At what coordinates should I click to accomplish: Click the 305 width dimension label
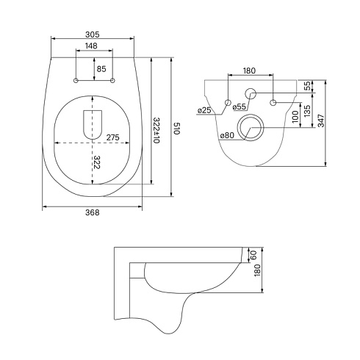[x=93, y=35]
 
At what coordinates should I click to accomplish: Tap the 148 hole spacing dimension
[x=91, y=46]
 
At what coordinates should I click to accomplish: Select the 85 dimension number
[x=101, y=69]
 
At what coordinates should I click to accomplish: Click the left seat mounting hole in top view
[x=76, y=80]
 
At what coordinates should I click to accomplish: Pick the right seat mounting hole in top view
[x=112, y=80]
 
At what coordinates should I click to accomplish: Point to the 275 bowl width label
[x=113, y=137]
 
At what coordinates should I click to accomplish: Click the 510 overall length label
[x=177, y=128]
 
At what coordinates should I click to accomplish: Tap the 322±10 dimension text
[x=156, y=131]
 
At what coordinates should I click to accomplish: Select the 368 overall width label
[x=93, y=212]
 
